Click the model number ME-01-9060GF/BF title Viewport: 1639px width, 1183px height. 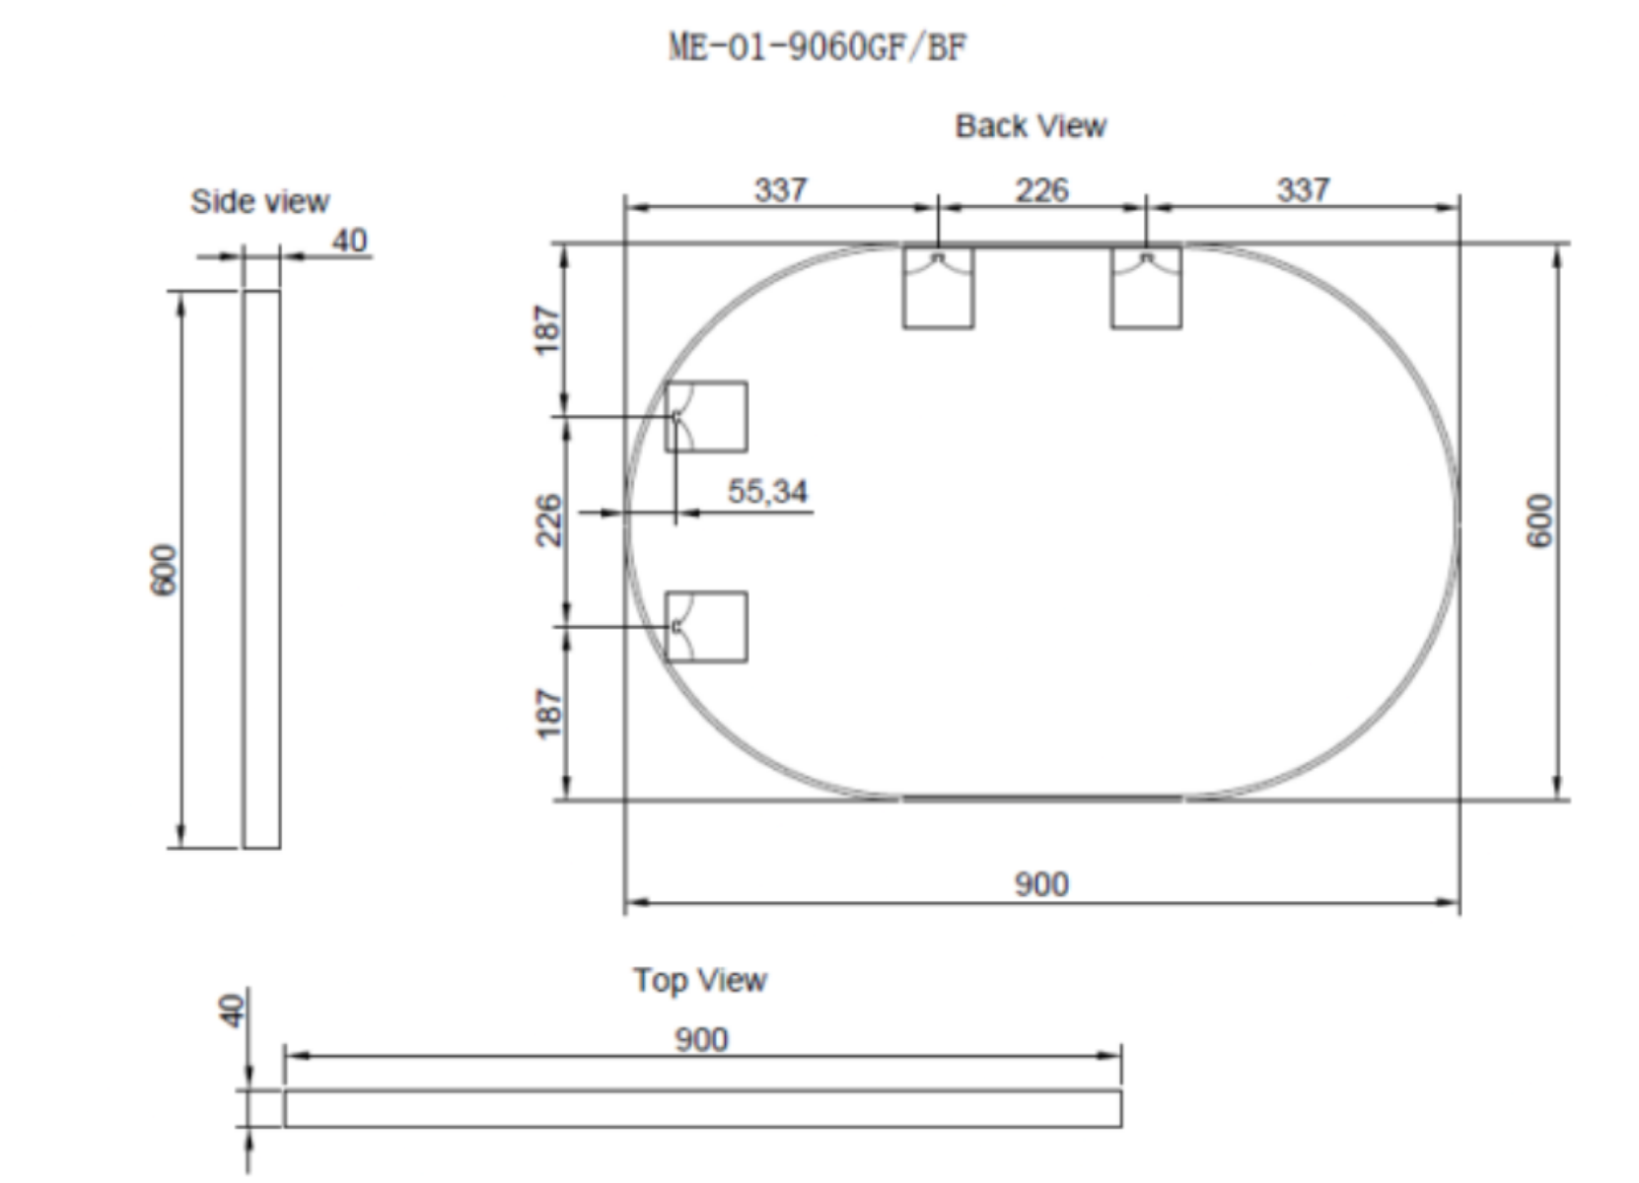(819, 47)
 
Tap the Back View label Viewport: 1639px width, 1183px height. (1031, 126)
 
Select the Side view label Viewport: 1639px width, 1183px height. (259, 201)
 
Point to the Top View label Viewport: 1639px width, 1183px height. (699, 980)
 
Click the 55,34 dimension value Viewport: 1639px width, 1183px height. (767, 491)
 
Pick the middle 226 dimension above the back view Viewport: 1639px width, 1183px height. (1042, 190)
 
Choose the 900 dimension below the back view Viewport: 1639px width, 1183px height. (1041, 883)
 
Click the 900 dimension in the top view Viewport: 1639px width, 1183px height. (701, 1039)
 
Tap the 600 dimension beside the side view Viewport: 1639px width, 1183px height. (164, 569)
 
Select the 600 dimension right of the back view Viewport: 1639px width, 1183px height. (1539, 521)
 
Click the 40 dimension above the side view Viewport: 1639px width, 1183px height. (350, 241)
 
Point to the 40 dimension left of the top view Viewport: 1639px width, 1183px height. (233, 1010)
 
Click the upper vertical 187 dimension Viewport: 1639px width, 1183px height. (548, 330)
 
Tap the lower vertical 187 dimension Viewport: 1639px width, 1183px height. (549, 714)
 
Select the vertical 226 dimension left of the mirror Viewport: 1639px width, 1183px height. (548, 521)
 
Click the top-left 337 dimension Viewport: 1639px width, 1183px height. (781, 190)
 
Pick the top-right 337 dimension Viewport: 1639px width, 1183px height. (1303, 190)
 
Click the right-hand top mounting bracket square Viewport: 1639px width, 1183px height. (1146, 288)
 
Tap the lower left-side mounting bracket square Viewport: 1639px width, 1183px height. (706, 627)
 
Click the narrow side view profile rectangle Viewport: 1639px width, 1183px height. (262, 569)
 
